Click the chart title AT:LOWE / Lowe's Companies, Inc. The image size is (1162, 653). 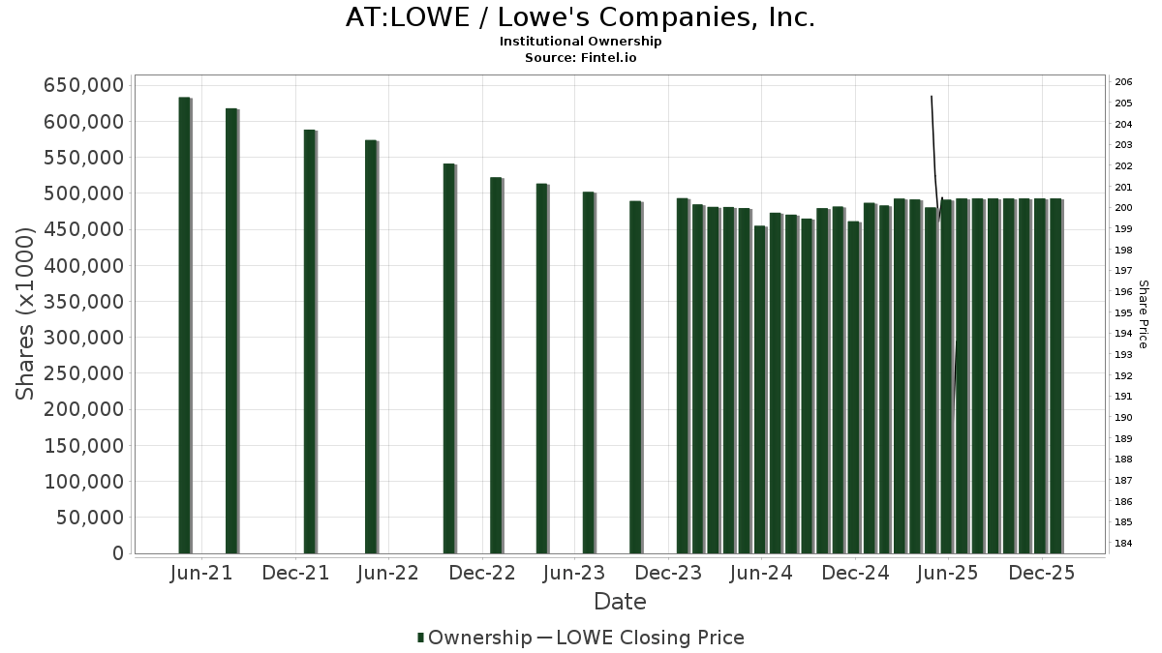(580, 17)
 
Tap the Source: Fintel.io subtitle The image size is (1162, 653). (580, 58)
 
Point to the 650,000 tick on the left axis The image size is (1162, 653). (83, 86)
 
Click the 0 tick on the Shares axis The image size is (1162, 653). (117, 553)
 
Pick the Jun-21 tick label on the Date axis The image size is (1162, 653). (201, 574)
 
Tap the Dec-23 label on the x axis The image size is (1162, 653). (669, 574)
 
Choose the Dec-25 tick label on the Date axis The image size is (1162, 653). (1042, 574)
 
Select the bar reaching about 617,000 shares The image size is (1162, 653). (231, 331)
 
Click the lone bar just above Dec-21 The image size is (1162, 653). (310, 341)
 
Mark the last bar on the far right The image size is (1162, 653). (1055, 376)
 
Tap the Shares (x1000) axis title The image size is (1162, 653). (26, 313)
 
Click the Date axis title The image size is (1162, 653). (620, 602)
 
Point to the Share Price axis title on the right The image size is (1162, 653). (1143, 313)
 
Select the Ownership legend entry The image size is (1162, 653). (474, 638)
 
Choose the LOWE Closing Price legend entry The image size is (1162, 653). (640, 638)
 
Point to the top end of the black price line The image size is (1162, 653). (932, 97)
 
